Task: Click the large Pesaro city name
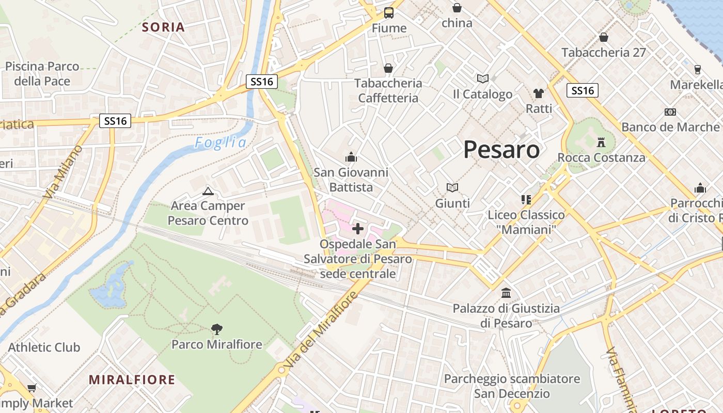tap(501, 150)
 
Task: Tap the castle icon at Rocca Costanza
tap(601, 141)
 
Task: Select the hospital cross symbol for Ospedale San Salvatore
tap(357, 228)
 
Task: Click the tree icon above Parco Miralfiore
tap(217, 329)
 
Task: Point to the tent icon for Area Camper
tap(208, 192)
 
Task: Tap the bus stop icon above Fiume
tap(389, 13)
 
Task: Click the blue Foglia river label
tap(221, 142)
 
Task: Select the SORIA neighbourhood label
tap(163, 27)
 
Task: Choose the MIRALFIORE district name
tap(132, 380)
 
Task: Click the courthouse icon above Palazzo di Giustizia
tap(506, 293)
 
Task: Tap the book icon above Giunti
tap(452, 187)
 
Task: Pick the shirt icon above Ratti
tap(539, 93)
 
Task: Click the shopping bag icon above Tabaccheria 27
tap(603, 37)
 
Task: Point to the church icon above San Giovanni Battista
tap(351, 157)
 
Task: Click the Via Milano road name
tap(63, 172)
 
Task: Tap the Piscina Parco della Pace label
tap(42, 73)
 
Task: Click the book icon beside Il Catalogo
tap(483, 78)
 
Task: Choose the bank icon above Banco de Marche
tap(670, 112)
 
